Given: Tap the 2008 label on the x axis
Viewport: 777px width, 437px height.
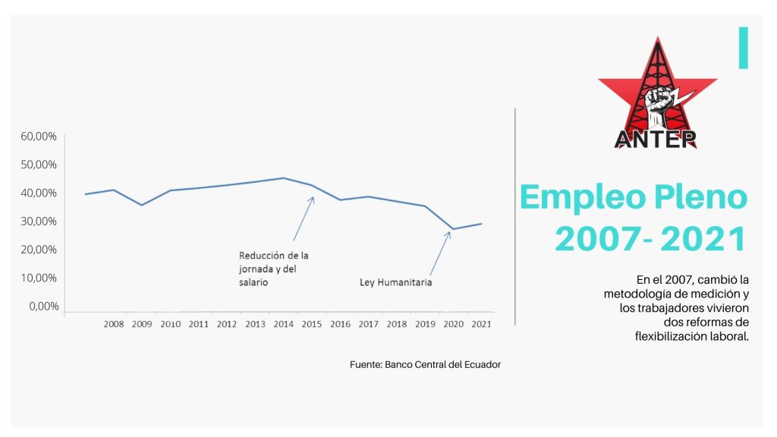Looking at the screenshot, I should (113, 324).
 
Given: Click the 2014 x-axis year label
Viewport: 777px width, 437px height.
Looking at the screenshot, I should (284, 324).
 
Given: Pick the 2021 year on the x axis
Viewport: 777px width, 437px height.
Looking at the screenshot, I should (480, 324).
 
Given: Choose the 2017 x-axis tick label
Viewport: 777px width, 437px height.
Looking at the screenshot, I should (368, 324).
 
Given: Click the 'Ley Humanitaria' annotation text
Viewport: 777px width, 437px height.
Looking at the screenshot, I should (395, 283).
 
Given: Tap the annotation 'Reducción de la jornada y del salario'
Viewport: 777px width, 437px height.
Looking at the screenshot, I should (273, 269).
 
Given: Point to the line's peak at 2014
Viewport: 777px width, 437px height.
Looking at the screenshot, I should (283, 178).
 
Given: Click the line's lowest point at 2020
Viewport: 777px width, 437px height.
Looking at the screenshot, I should (453, 229).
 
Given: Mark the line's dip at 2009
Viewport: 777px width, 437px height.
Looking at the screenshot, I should (141, 205).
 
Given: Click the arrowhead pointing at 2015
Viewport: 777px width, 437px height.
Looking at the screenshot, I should (312, 198).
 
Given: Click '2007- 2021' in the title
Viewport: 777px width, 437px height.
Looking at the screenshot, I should (650, 240).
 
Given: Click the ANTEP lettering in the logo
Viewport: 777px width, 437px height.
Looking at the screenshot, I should (656, 139).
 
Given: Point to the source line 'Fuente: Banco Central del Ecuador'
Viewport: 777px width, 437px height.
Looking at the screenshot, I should (425, 364).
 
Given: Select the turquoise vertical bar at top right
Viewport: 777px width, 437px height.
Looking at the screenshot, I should (744, 47).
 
